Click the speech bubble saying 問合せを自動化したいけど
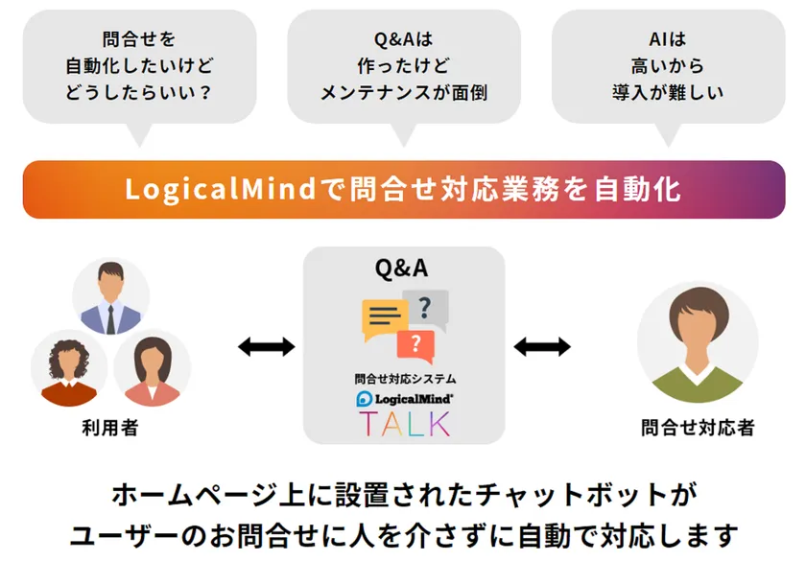pos(140,67)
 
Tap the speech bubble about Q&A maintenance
pos(404,67)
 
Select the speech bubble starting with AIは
pos(668,67)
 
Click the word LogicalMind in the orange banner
pos(220,189)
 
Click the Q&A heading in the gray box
pos(404,269)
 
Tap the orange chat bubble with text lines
pos(384,317)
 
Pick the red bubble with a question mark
pos(415,344)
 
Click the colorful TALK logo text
pos(404,423)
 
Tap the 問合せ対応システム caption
pos(404,379)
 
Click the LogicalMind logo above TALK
pos(404,397)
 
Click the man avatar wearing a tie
pos(110,297)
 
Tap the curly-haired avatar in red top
pos(68,369)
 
